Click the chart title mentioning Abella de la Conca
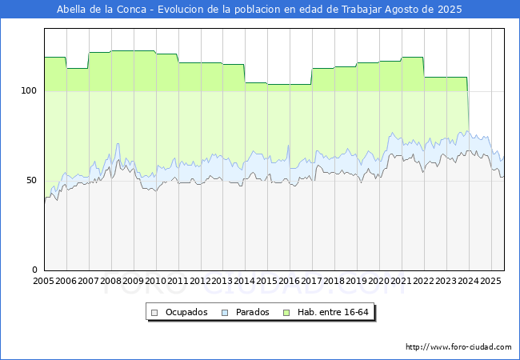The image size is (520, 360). (259, 10)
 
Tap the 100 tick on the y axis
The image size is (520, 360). (29, 90)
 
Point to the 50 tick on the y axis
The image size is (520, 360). (31, 180)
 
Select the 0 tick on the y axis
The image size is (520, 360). (34, 270)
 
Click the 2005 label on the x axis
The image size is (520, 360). (43, 281)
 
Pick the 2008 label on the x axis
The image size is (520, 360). (110, 281)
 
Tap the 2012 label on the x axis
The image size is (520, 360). (200, 281)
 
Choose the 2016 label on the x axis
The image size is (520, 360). (290, 281)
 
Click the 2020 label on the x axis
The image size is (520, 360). (379, 281)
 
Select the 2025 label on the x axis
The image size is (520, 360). (491, 281)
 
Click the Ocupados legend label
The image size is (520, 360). (186, 312)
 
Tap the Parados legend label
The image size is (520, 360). (252, 312)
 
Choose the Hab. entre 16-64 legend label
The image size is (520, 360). (333, 312)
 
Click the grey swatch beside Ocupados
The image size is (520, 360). (154, 313)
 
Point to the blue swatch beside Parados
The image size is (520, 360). (225, 313)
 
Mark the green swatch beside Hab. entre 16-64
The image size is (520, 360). (286, 313)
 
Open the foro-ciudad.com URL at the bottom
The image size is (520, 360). (458, 347)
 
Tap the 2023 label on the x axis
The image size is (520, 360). (446, 281)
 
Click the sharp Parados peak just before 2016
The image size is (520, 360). (289, 145)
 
